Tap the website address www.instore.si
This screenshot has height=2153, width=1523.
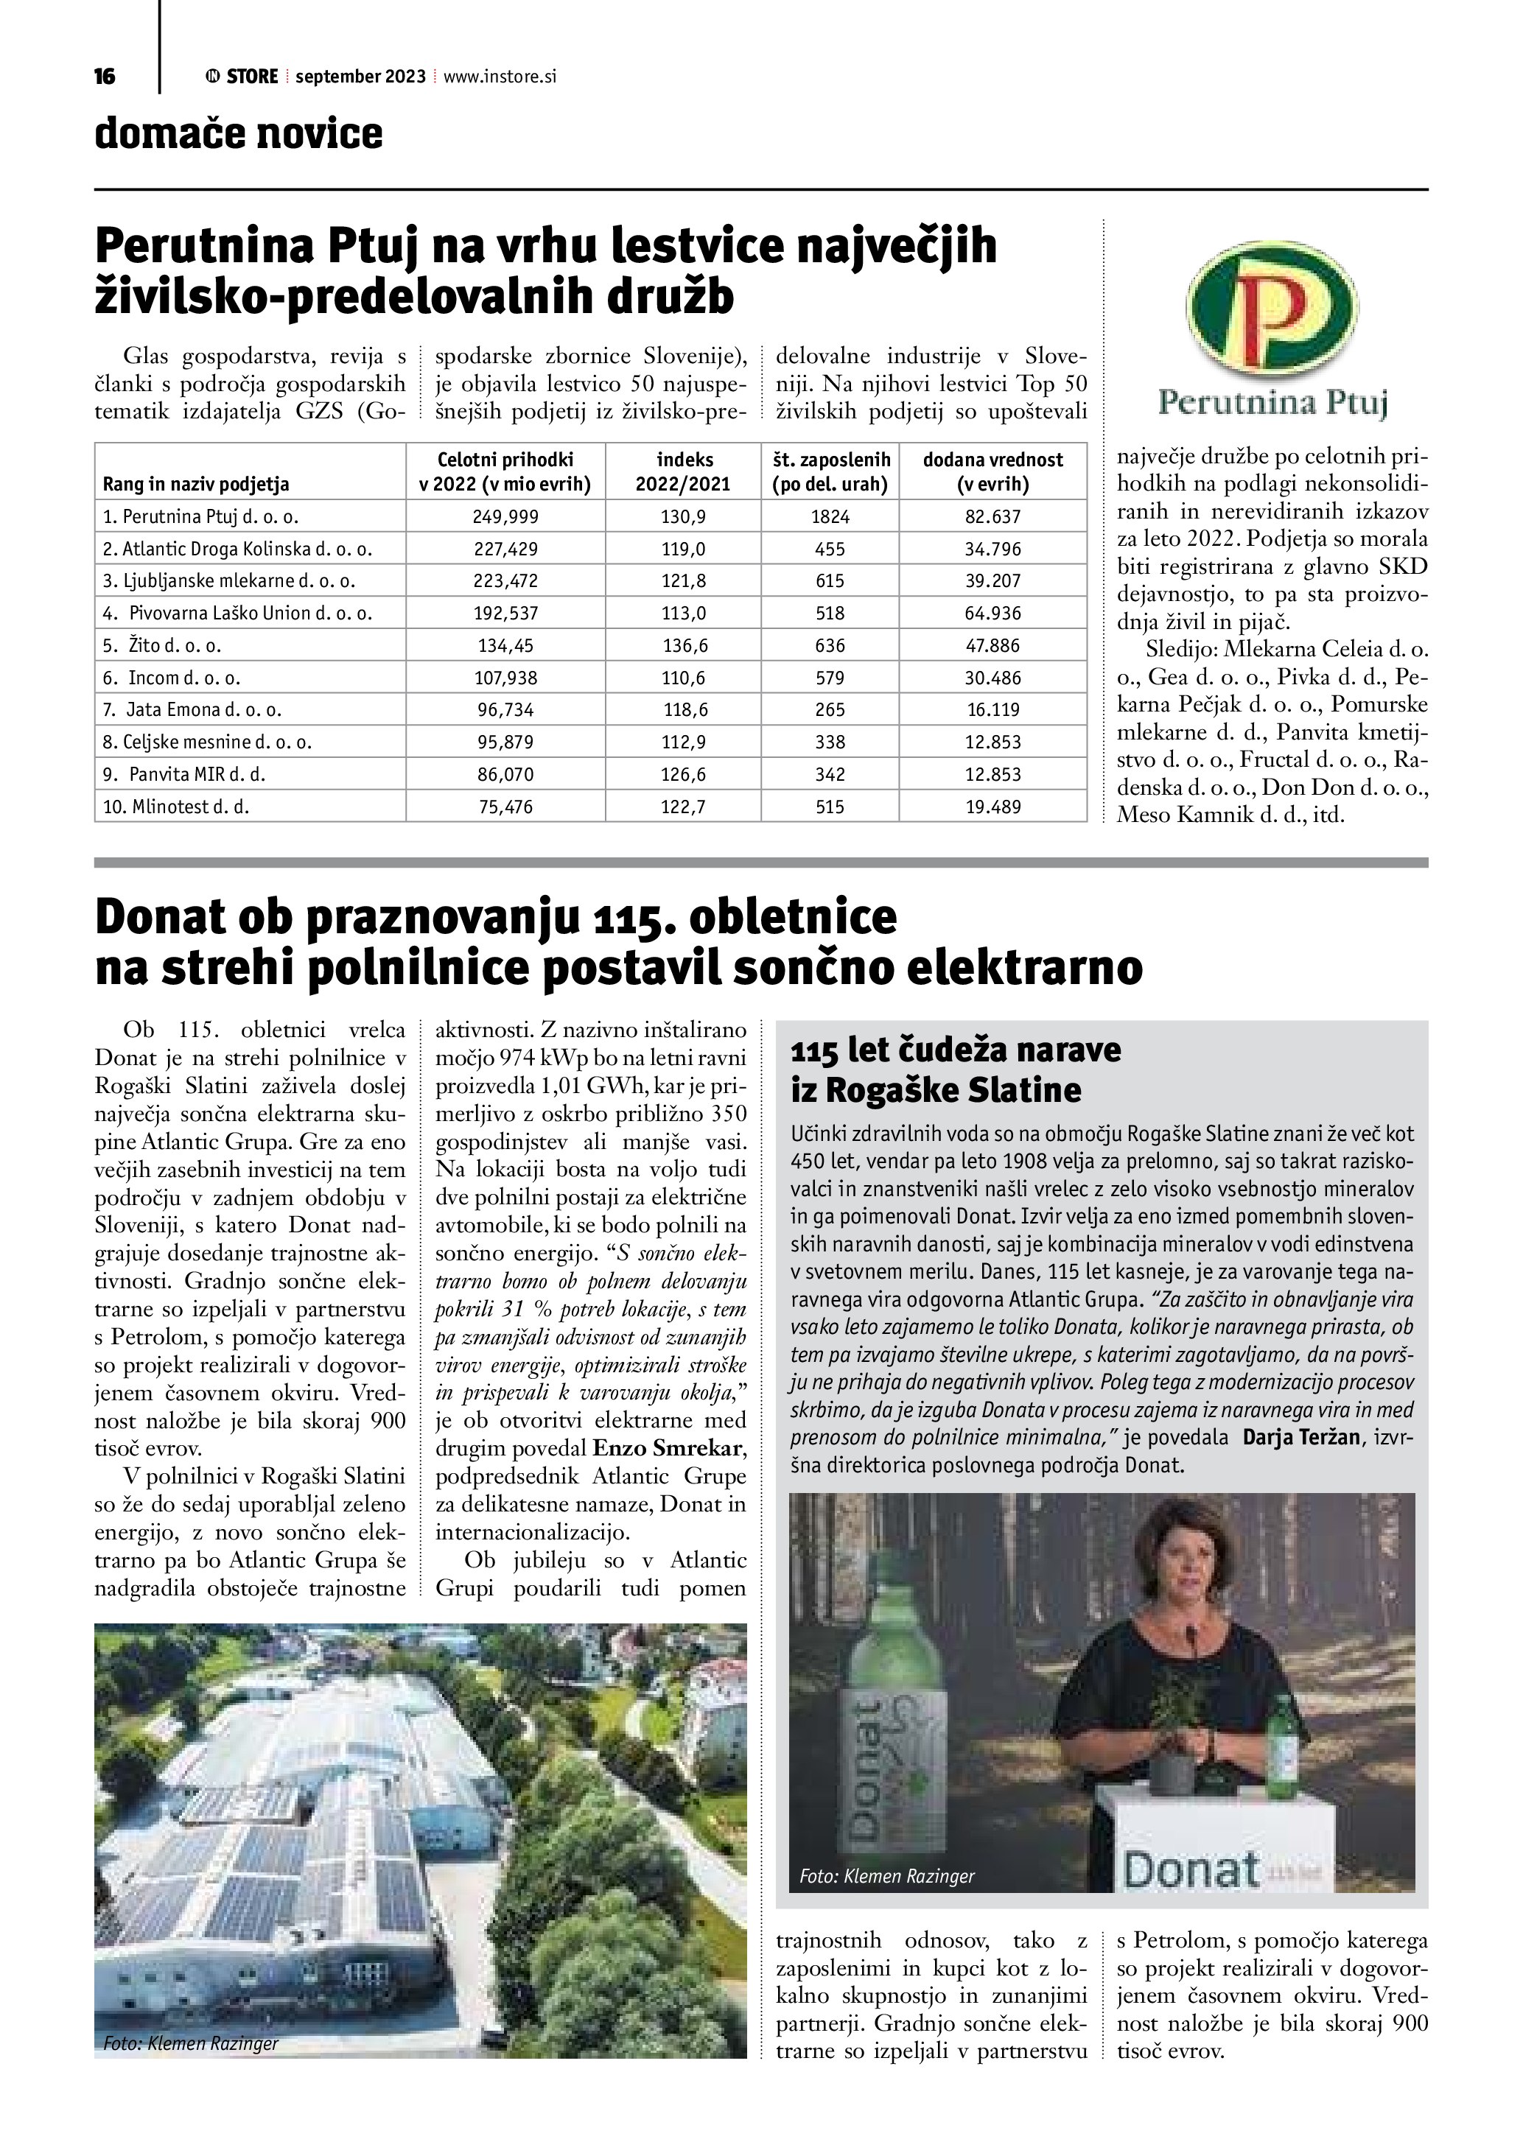click(x=500, y=77)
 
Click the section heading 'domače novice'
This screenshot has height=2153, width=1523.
click(x=238, y=134)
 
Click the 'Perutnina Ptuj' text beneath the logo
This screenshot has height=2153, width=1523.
click(x=1272, y=403)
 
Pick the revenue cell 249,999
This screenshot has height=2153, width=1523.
click(x=505, y=516)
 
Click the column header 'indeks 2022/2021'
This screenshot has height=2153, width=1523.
click(x=685, y=471)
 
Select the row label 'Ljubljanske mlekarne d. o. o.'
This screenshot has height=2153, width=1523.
click(x=229, y=580)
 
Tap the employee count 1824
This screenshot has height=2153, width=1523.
click(x=830, y=516)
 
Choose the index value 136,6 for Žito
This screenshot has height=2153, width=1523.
click(x=685, y=645)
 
